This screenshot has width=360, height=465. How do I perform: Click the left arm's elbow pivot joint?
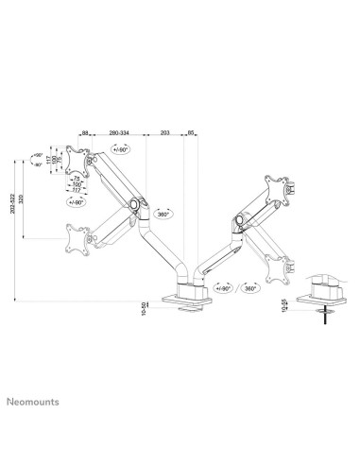138,203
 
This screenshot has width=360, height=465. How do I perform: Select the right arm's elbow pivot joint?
237,221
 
